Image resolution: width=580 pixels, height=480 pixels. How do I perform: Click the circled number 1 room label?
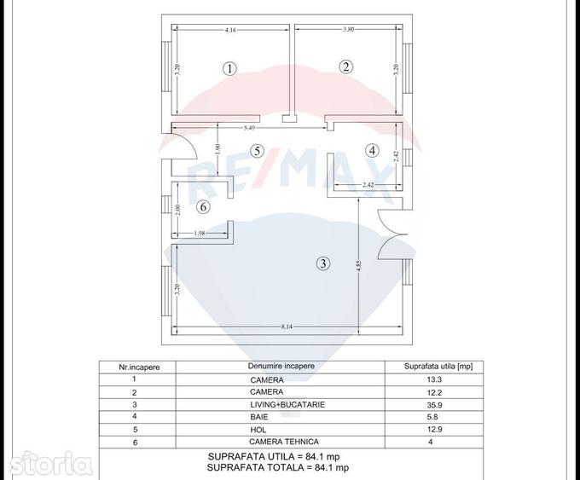pyautogui.click(x=230, y=68)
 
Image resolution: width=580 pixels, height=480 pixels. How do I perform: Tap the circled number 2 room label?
pyautogui.click(x=346, y=67)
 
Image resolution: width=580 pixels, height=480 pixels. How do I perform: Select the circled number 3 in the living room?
pyautogui.click(x=323, y=263)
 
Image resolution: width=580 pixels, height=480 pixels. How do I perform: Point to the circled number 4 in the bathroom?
pyautogui.click(x=372, y=151)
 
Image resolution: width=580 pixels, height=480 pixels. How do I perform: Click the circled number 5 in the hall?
pyautogui.click(x=257, y=151)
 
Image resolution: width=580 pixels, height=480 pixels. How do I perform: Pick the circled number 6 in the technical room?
pyautogui.click(x=203, y=206)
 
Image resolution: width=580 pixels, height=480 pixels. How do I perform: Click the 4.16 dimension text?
pyautogui.click(x=230, y=30)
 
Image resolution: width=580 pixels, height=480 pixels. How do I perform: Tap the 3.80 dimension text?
pyautogui.click(x=349, y=29)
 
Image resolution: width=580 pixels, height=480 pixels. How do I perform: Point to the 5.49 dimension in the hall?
pyautogui.click(x=249, y=128)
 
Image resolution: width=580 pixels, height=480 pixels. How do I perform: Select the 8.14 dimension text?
pyautogui.click(x=287, y=327)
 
